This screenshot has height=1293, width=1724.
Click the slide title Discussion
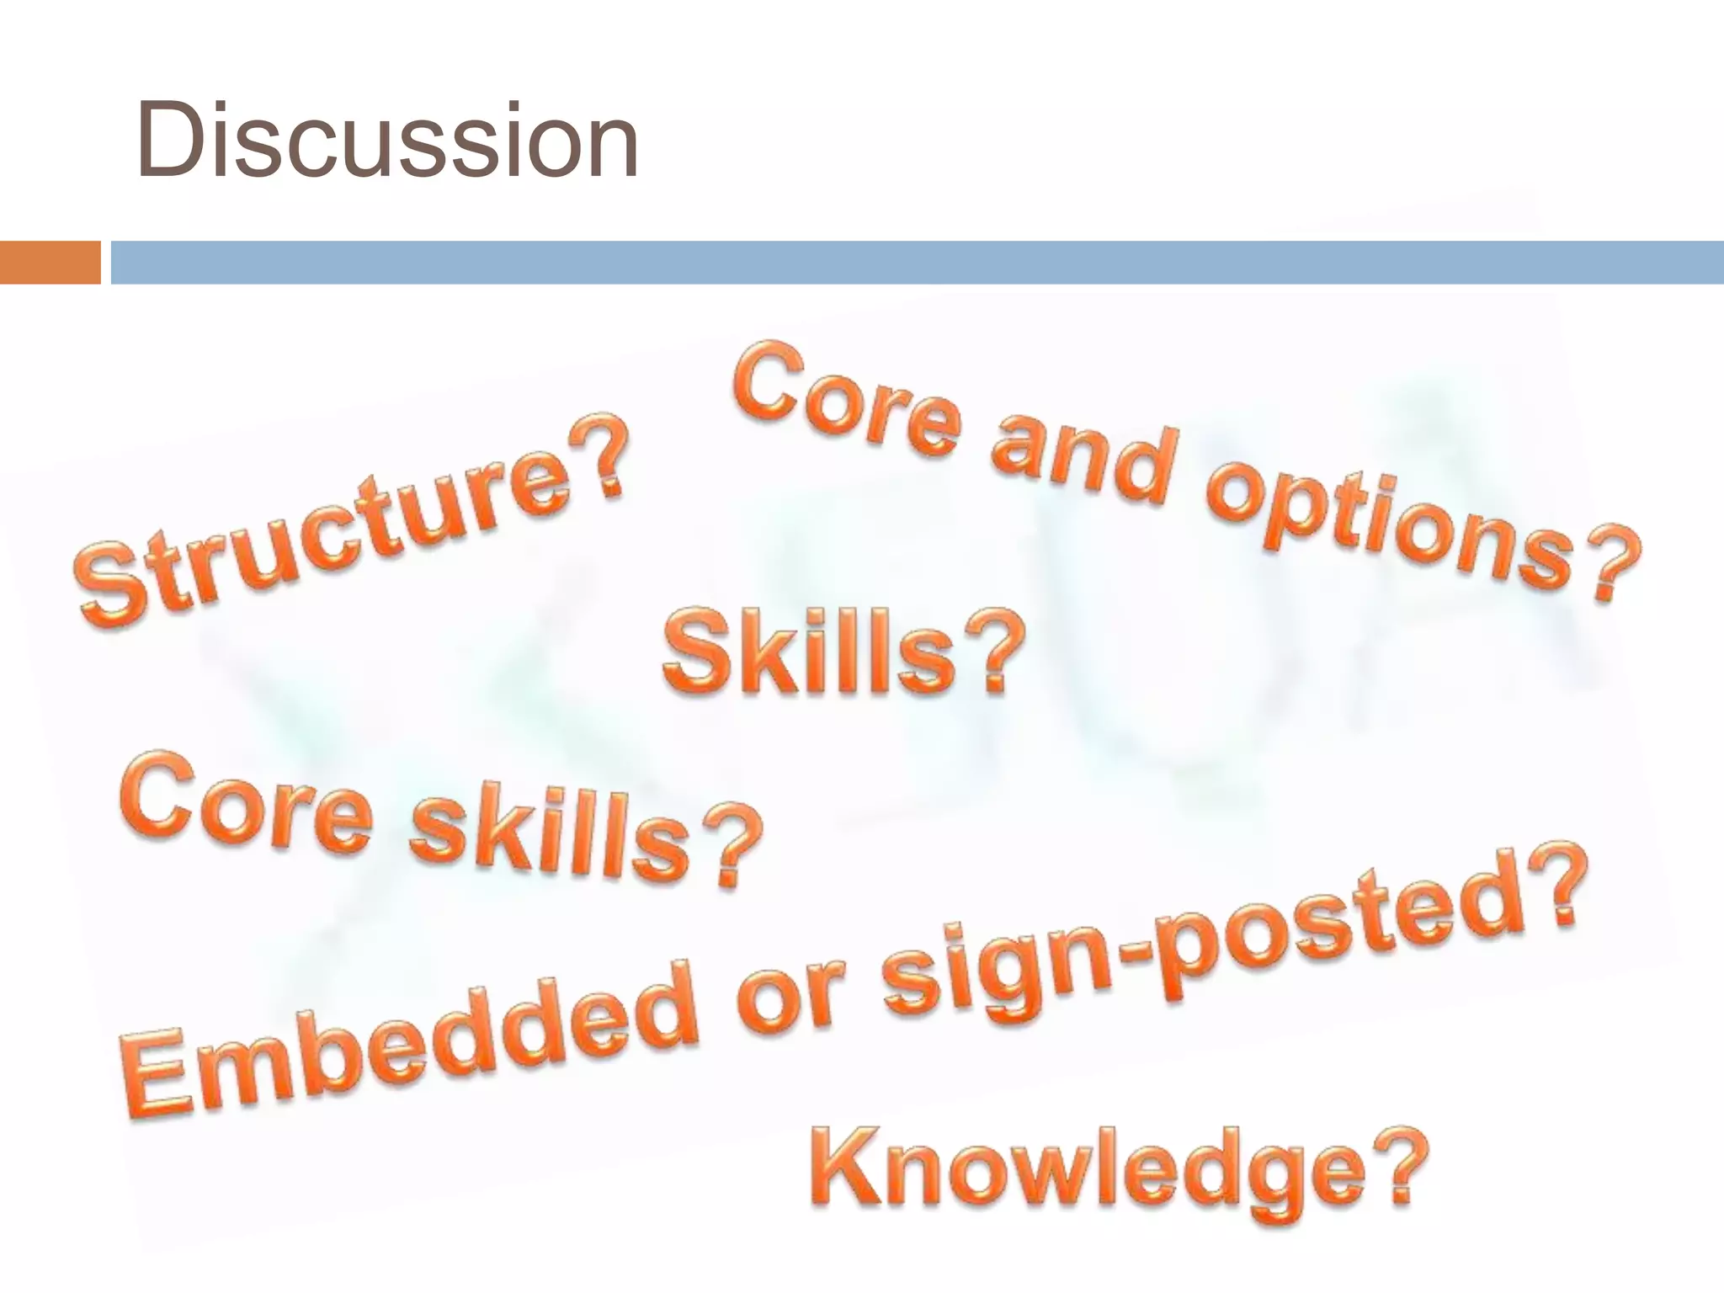387,141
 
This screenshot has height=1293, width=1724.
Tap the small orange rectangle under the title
50,262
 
